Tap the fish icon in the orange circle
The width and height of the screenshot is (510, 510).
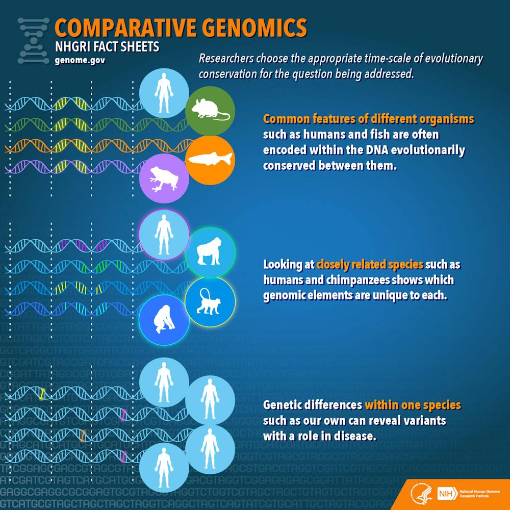coord(210,159)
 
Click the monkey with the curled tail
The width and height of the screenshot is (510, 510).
coord(210,302)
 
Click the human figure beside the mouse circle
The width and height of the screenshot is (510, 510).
coord(164,92)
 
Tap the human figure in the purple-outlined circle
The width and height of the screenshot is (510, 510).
coord(164,235)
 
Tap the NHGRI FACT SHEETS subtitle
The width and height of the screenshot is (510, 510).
coord(107,47)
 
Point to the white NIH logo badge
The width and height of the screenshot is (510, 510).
coord(445,494)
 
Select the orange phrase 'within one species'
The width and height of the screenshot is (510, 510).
coord(413,405)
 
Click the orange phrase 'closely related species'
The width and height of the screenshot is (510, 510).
coord(370,265)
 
